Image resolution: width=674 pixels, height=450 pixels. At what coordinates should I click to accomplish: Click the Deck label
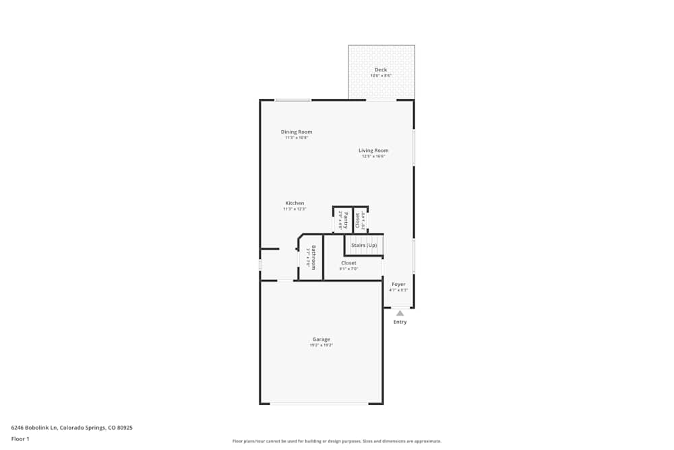point(381,70)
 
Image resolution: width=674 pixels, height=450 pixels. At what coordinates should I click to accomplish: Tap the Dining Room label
point(297,132)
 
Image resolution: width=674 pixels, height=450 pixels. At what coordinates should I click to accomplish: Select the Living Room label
point(373,150)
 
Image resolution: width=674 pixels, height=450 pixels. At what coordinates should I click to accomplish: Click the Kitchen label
point(295,203)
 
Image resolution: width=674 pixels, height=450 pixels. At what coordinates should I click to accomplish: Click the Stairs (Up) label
point(364,245)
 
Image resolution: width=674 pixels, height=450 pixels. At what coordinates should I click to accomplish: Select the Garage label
point(321,339)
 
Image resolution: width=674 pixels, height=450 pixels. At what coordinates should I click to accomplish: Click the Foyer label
point(399,285)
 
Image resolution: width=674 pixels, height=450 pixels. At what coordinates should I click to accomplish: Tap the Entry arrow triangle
point(400,313)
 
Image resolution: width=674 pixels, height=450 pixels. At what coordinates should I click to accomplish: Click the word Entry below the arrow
point(400,322)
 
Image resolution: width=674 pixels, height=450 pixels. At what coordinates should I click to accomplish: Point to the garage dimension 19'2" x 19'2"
point(321,345)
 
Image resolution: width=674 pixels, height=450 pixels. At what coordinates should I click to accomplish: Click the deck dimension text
point(381,76)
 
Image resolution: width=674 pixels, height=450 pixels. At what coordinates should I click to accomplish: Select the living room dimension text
point(373,157)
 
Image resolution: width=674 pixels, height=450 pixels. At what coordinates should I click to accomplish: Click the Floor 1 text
point(20,439)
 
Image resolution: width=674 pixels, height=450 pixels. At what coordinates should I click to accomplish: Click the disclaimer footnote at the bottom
point(337,441)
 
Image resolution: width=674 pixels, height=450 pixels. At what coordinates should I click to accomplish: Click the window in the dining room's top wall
point(293,101)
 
